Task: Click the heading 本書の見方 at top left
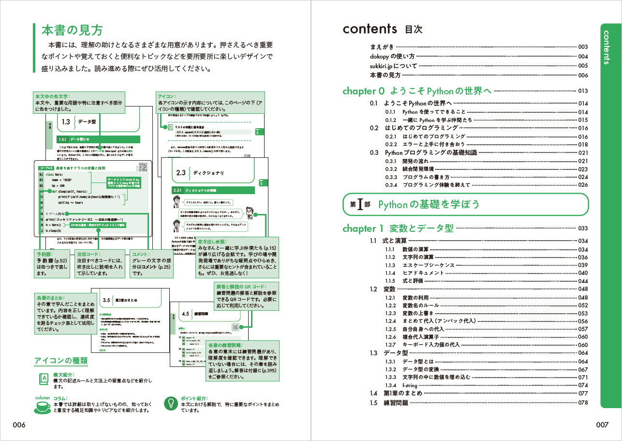(72, 30)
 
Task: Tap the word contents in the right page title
(370, 29)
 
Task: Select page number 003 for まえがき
(582, 47)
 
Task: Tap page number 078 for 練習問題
(582, 402)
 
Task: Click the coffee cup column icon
(42, 405)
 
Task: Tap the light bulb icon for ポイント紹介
(170, 403)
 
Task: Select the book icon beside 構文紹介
(44, 378)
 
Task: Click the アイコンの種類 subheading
(60, 361)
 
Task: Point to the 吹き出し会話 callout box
(237, 258)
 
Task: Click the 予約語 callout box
(53, 264)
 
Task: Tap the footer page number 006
(19, 425)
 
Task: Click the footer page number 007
(602, 425)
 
